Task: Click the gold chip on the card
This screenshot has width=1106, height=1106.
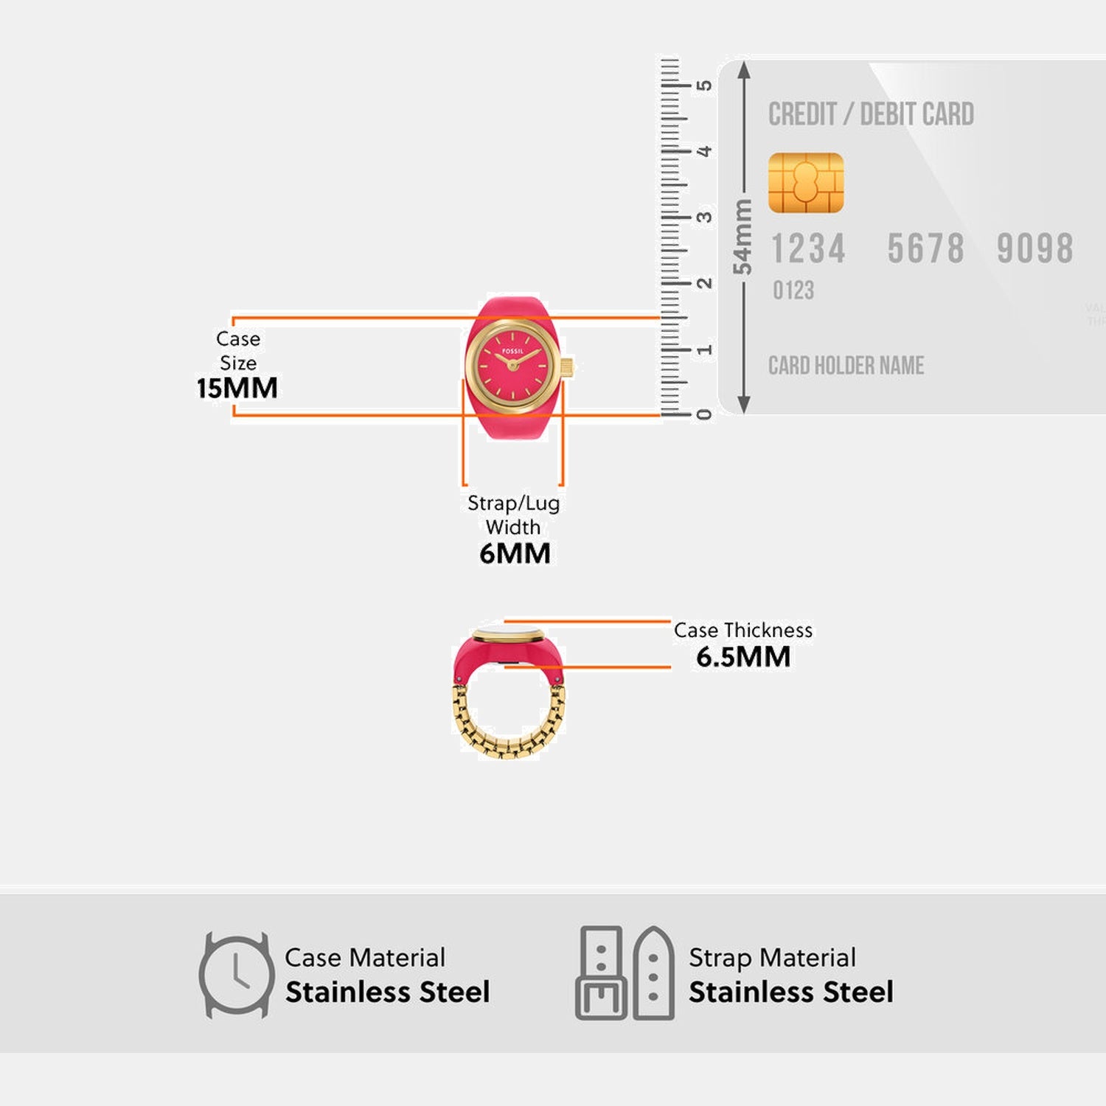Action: coord(805,183)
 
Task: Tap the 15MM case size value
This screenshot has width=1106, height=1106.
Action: coord(237,388)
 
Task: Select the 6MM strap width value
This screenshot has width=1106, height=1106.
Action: coord(515,553)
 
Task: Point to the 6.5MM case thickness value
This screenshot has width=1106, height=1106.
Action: coord(743,656)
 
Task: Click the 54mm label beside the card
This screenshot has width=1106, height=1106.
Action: coord(742,237)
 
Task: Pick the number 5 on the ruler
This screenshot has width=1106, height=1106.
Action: coord(705,86)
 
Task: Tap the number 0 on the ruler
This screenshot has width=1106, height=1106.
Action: coord(705,414)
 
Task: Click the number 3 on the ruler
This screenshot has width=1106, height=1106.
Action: coord(705,217)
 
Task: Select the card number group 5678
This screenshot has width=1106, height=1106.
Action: coord(925,248)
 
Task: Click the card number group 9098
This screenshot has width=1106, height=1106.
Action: coord(1034,248)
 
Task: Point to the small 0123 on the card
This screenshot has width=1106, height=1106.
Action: coord(793,291)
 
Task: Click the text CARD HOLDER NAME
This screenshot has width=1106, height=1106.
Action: coord(846,366)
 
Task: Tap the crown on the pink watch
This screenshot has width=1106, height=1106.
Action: coord(567,366)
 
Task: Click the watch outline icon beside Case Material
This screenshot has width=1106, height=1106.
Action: coord(235,975)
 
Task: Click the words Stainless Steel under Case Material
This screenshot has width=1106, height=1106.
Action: coord(387,992)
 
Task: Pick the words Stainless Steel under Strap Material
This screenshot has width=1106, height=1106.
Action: coord(790,992)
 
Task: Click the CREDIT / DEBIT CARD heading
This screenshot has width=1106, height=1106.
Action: coord(871,114)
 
